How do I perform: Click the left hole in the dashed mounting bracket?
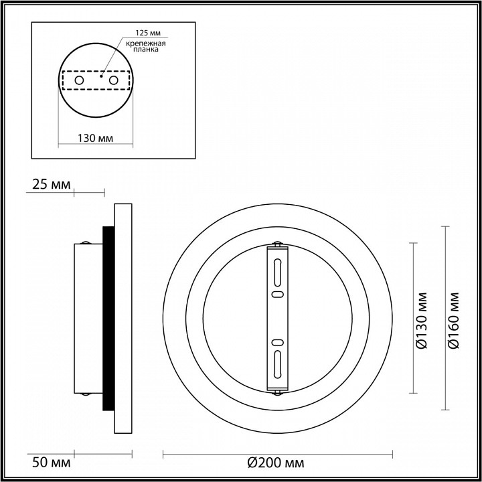coord(79,80)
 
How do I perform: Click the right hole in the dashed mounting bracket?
coord(113,80)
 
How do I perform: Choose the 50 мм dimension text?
coord(48,462)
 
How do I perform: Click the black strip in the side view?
coord(107,318)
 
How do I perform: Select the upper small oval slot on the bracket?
coord(276,294)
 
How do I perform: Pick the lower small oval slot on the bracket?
coord(276,343)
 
